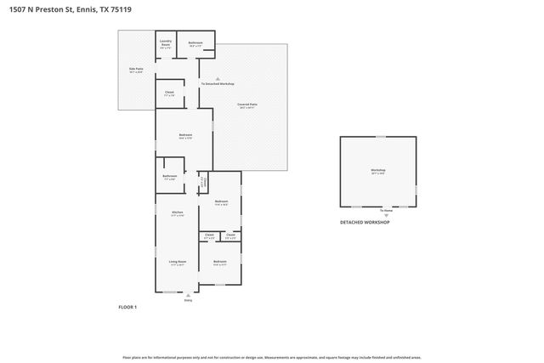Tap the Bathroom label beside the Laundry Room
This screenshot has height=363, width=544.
coord(195,43)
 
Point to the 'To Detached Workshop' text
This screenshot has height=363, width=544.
coord(217,84)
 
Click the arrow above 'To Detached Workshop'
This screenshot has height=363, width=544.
coord(217,77)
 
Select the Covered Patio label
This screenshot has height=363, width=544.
coord(247,105)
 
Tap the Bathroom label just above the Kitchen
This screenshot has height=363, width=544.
coord(168,177)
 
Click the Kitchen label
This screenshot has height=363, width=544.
coord(178,213)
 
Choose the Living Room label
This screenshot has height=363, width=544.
coord(177,263)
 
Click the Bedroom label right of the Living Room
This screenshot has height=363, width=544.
coord(219,262)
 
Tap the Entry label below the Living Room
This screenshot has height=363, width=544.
coord(189,300)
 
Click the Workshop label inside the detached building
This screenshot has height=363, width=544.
coord(378,172)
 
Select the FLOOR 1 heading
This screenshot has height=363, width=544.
coord(127,306)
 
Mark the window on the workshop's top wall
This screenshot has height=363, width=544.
coord(381,136)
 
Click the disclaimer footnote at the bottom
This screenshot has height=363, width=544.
coord(271,358)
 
